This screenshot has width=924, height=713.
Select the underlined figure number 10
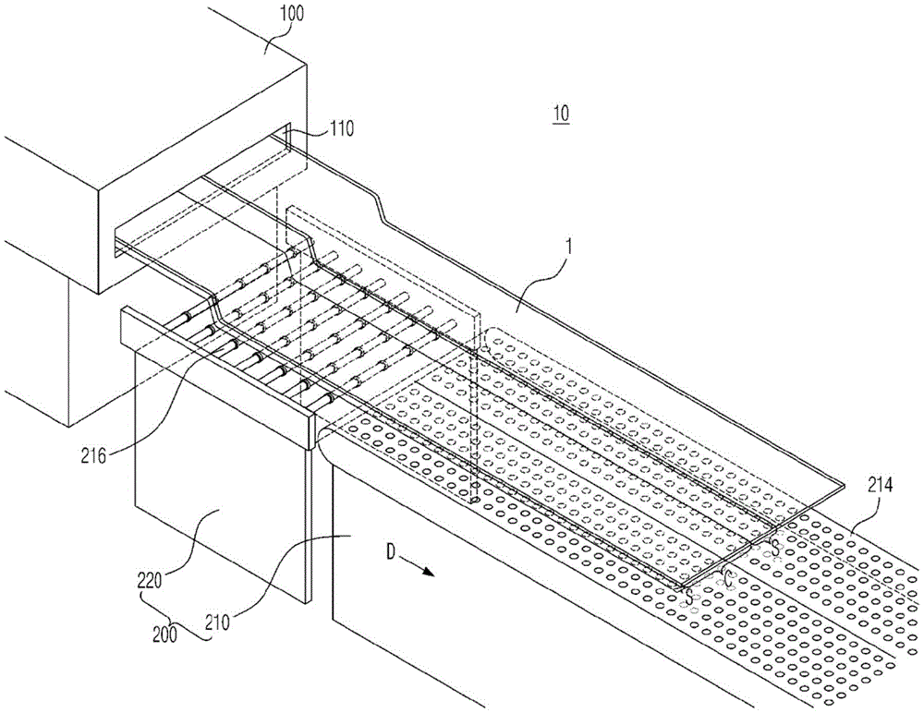pyautogui.click(x=560, y=115)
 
